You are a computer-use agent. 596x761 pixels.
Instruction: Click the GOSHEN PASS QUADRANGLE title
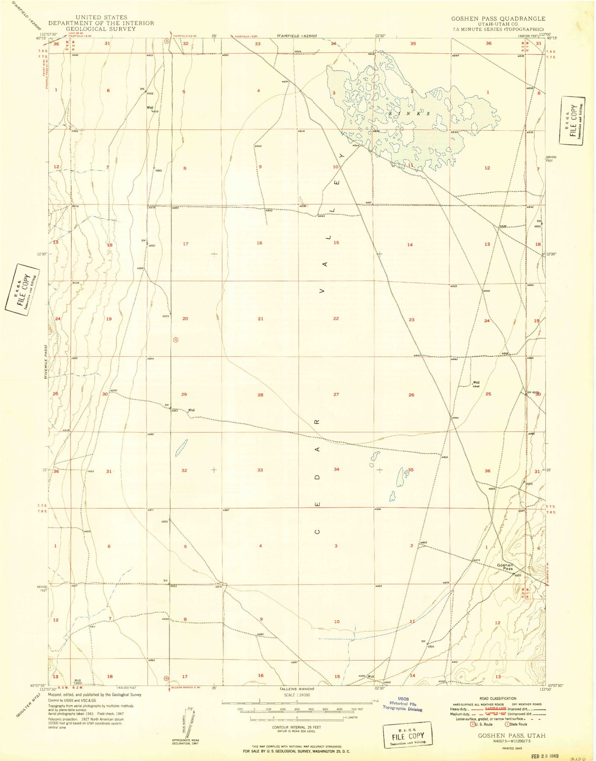coord(498,19)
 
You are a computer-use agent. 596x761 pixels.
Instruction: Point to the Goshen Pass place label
coord(505,567)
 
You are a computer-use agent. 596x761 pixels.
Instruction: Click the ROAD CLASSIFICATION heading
coord(497,698)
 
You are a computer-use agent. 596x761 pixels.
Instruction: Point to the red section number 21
coord(260,319)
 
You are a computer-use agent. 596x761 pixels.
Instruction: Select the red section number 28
coord(260,395)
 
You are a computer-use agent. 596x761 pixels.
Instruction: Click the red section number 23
coord(411,320)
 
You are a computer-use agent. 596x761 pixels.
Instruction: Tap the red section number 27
coord(336,395)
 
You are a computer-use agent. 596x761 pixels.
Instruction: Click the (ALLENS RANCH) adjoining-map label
coord(297,689)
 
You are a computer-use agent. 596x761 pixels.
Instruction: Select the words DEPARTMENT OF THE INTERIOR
coord(101,23)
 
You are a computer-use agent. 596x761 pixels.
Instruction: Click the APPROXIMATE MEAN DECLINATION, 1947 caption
coord(185,742)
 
